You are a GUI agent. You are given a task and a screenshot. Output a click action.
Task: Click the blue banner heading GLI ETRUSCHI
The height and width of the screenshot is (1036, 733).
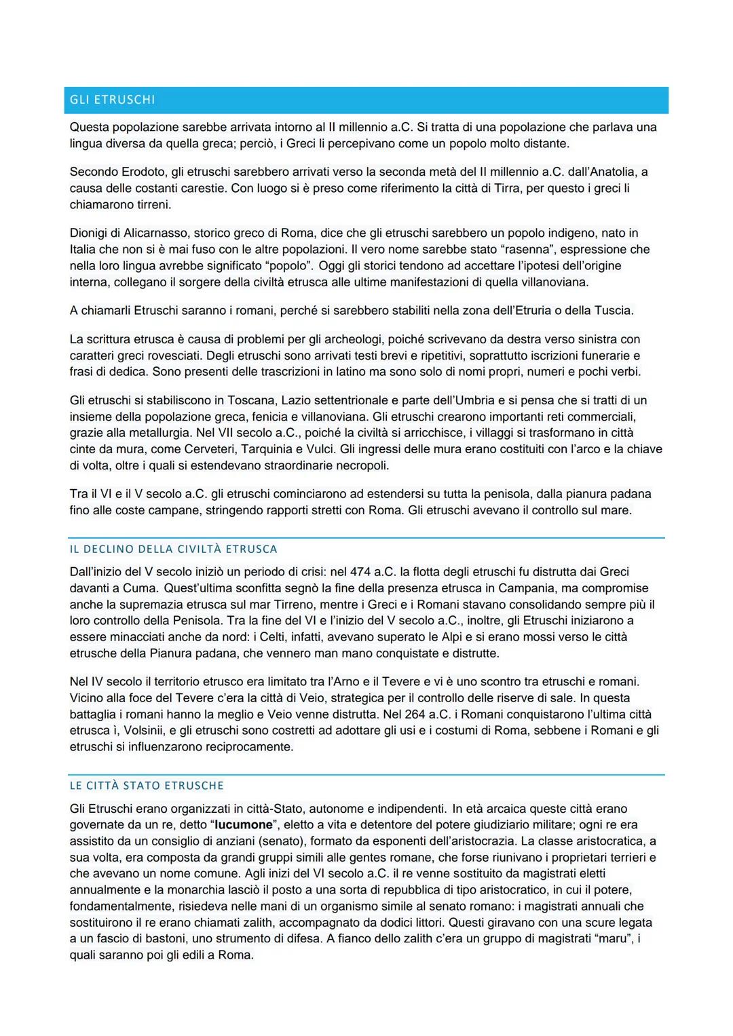click(x=113, y=100)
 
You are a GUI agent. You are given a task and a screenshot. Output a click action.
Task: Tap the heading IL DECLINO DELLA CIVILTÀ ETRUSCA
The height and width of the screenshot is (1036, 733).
click(x=173, y=549)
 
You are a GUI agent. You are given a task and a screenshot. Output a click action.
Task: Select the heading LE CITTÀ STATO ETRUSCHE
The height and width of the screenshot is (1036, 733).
click(x=147, y=786)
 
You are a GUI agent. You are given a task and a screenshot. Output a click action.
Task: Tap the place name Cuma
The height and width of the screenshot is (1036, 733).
click(x=140, y=588)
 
